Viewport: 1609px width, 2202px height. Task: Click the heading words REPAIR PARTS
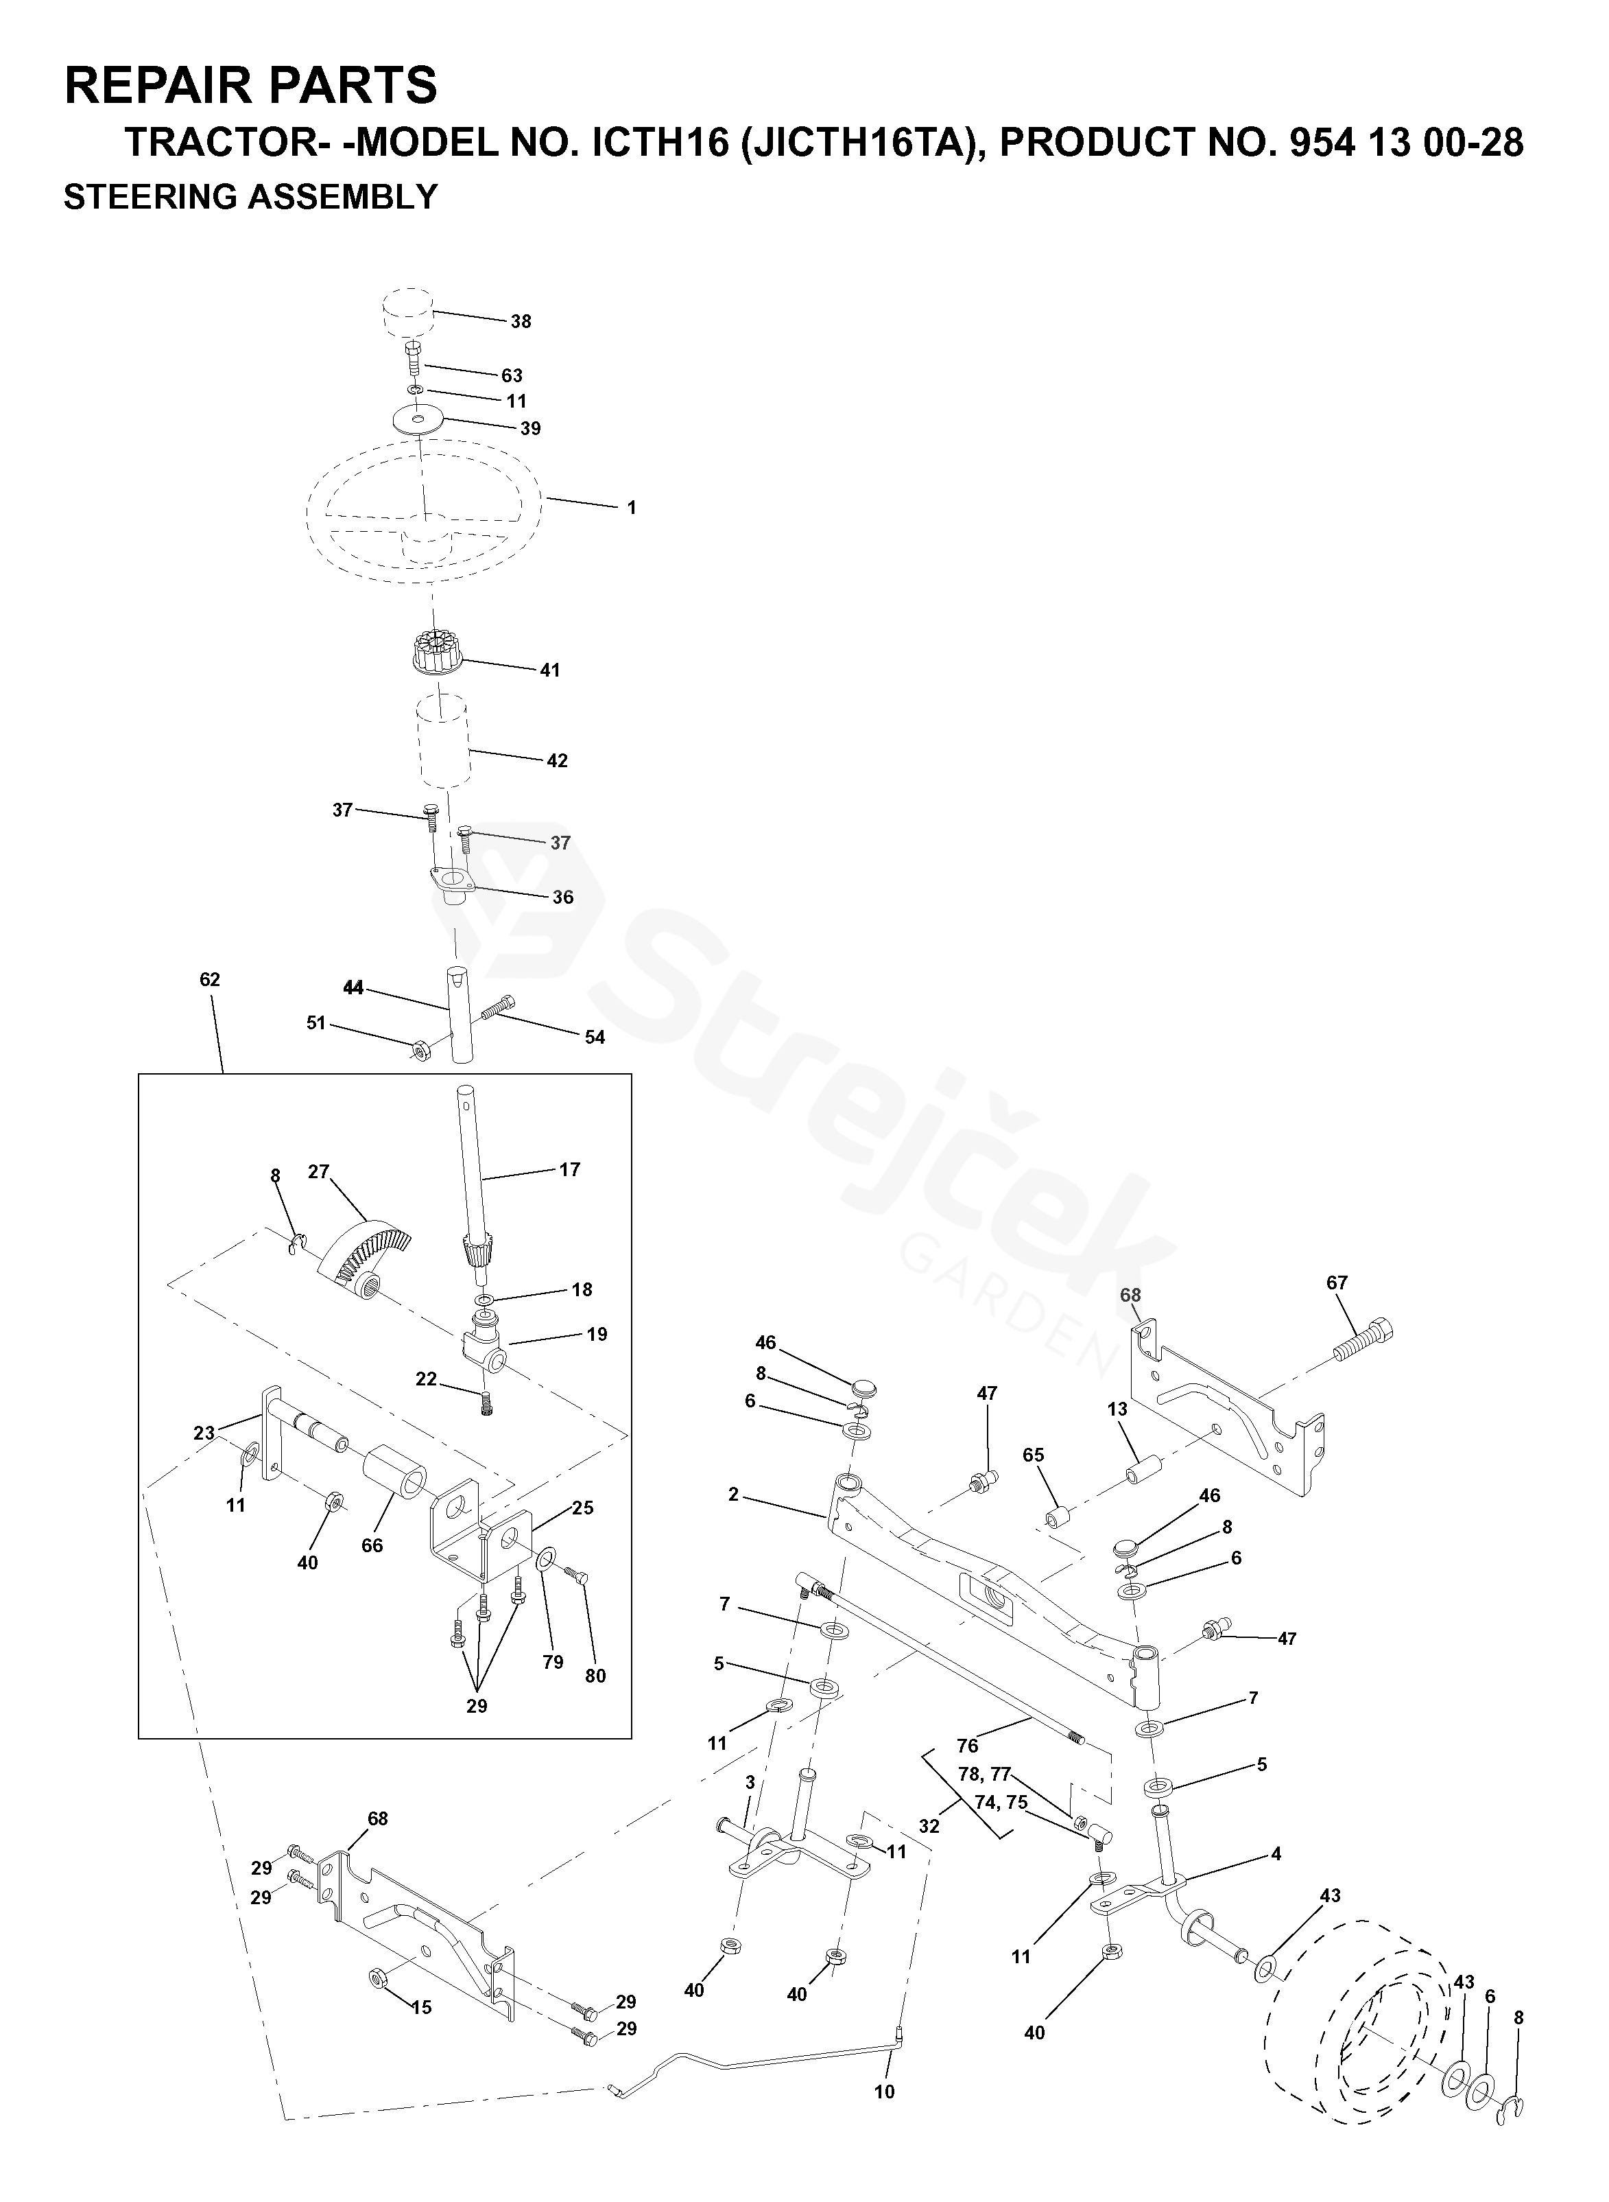point(250,86)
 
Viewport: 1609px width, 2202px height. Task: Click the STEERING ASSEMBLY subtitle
point(250,197)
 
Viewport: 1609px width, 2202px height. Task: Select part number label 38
point(521,322)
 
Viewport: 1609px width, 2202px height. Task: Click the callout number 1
point(631,508)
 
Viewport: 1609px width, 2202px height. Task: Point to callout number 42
point(556,760)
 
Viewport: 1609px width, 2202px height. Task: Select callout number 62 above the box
point(209,979)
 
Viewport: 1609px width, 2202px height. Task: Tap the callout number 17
point(570,1169)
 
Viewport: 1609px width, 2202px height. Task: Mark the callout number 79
point(552,1661)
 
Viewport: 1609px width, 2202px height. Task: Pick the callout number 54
point(594,1037)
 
